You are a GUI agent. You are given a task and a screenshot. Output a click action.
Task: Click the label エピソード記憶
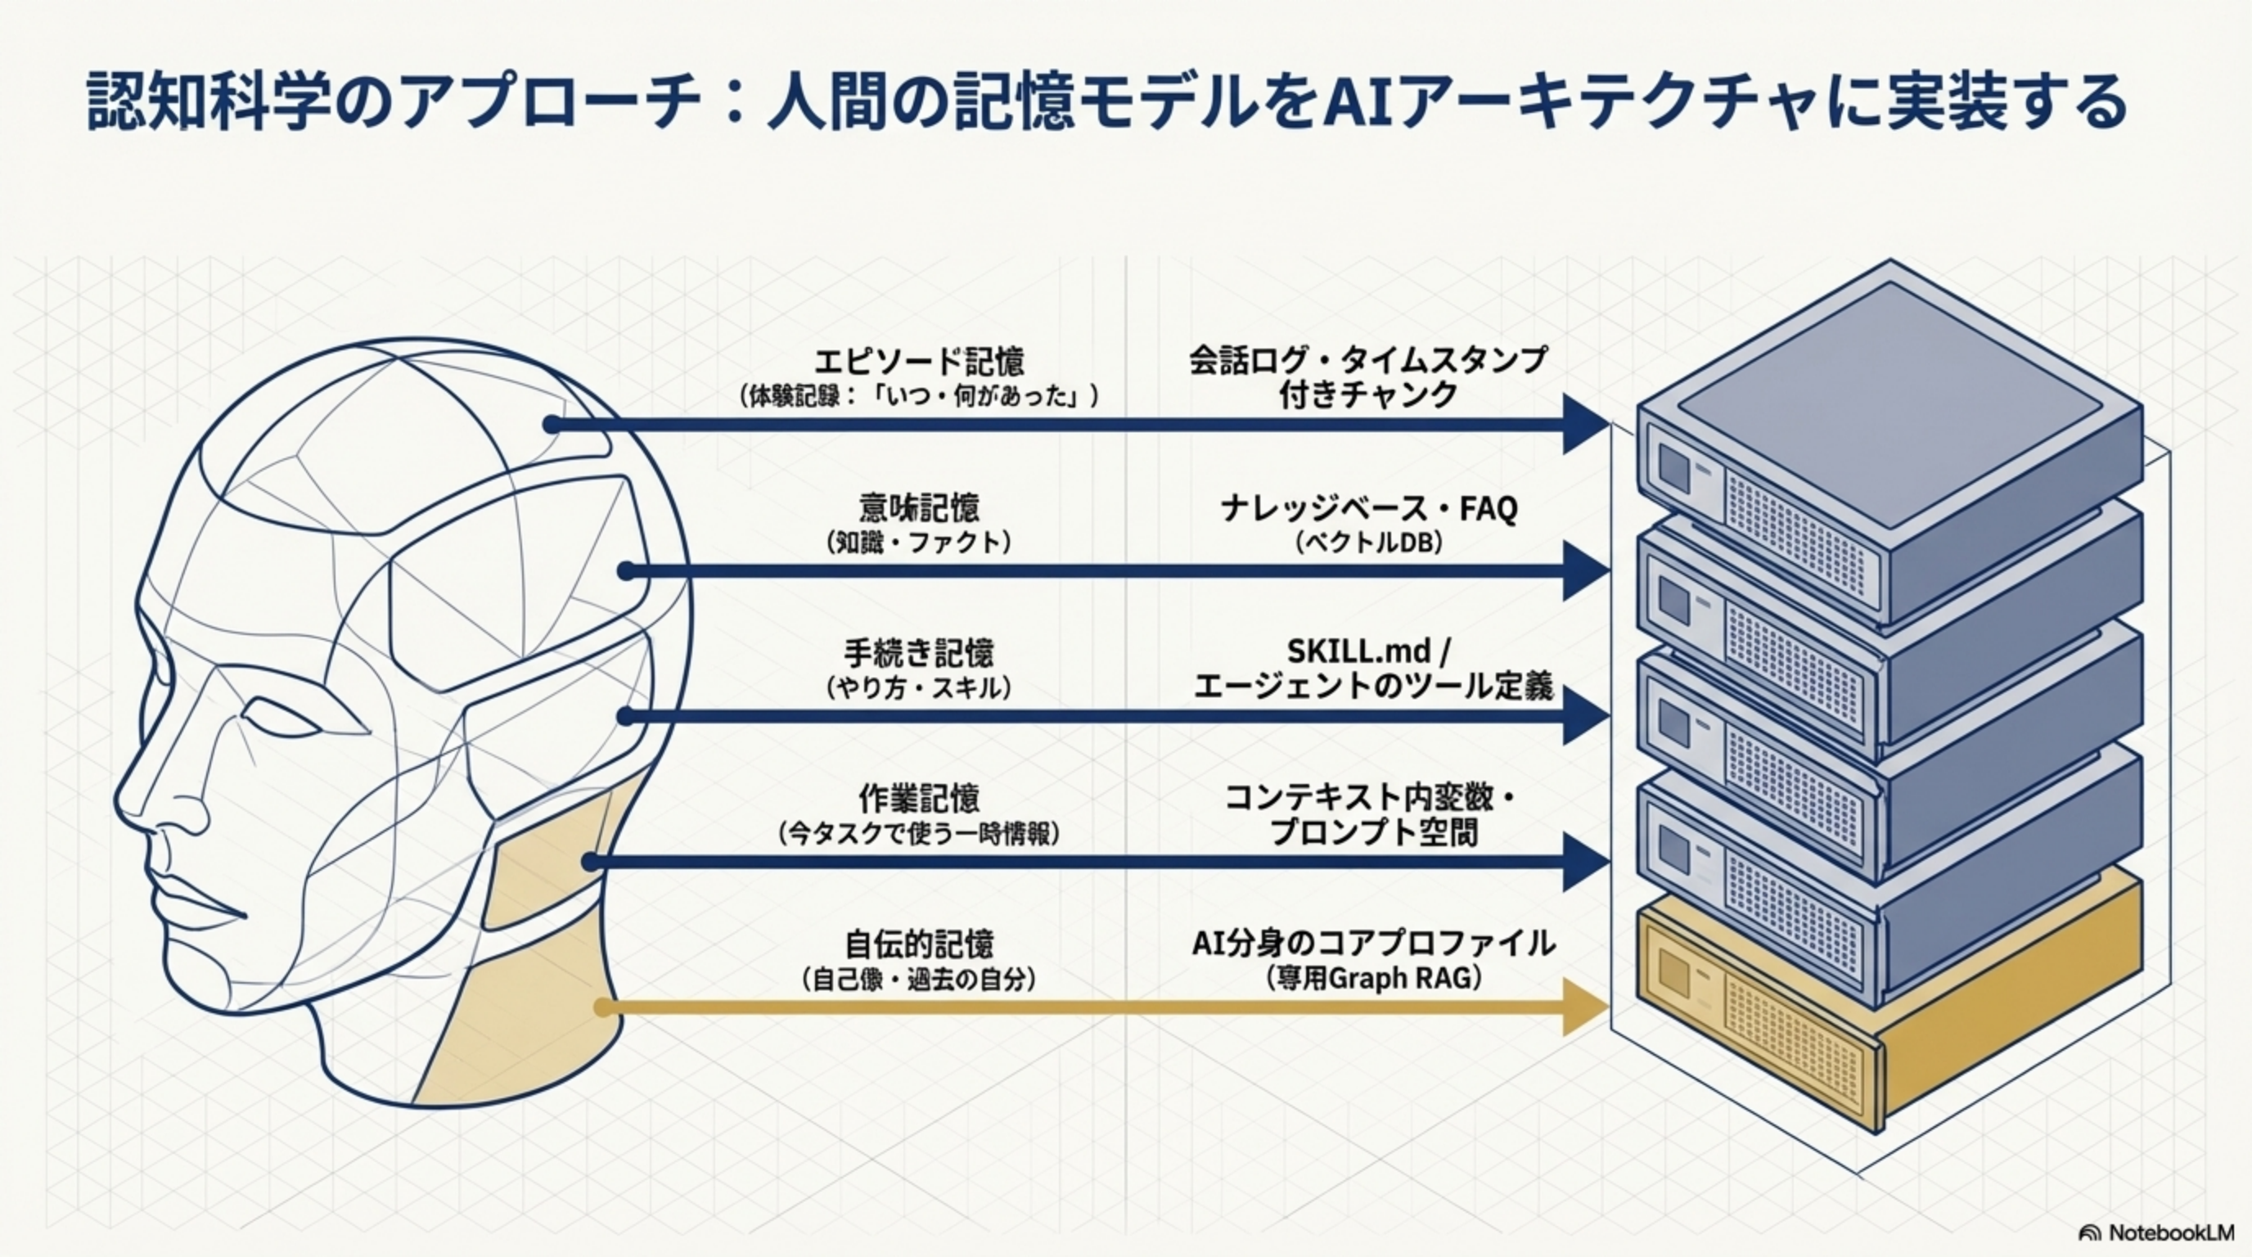pyautogui.click(x=918, y=361)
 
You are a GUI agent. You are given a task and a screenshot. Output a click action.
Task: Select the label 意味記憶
pyautogui.click(x=918, y=508)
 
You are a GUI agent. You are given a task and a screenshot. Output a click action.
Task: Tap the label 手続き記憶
pyautogui.click(x=918, y=653)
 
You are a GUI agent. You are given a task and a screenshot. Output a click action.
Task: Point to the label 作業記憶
pyautogui.click(x=918, y=798)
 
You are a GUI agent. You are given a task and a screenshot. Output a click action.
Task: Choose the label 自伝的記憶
pyautogui.click(x=918, y=944)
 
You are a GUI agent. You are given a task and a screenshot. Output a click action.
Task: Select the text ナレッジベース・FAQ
pyautogui.click(x=1369, y=508)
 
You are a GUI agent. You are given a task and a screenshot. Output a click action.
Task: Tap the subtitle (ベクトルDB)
pyautogui.click(x=1369, y=543)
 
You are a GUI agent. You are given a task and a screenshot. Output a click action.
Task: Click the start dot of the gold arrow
pyautogui.click(x=602, y=1007)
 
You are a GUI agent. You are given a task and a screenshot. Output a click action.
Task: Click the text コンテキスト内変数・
pyautogui.click(x=1369, y=797)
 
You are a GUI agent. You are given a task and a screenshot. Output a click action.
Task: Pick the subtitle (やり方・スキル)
pyautogui.click(x=918, y=689)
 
